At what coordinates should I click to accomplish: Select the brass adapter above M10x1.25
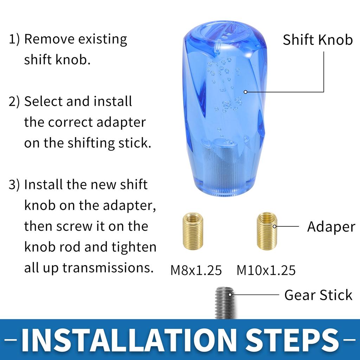266,231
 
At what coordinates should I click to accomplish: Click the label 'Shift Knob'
317,40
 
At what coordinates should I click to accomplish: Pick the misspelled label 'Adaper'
331,227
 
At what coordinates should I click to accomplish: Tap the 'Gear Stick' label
318,295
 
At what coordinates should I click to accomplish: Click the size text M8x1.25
196,270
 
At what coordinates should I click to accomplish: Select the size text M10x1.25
266,270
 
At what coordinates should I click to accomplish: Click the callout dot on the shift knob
245,92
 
